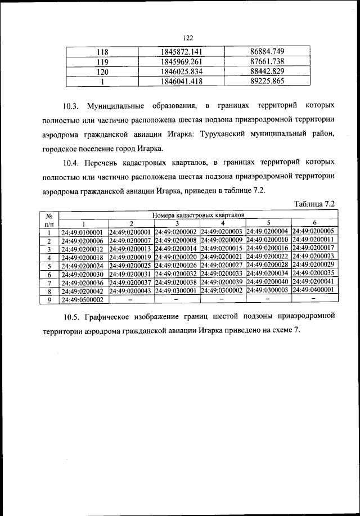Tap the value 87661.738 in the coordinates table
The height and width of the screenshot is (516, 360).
(x=268, y=62)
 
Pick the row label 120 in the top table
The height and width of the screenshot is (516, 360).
(x=102, y=72)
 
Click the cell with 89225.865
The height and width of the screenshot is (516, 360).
(x=268, y=82)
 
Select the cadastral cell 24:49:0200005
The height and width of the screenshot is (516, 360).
(x=313, y=231)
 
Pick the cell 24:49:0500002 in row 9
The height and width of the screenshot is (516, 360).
(x=83, y=300)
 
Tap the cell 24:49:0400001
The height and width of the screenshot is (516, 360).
(x=313, y=290)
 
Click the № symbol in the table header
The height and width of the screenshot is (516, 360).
(x=49, y=215)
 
